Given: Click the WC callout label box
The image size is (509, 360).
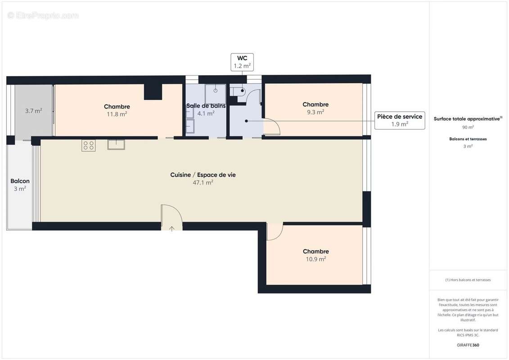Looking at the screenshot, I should [242, 62].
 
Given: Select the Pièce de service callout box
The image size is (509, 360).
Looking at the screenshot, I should [399, 120].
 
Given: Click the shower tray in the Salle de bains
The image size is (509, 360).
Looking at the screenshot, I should [216, 94].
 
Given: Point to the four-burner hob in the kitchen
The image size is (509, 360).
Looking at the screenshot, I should [89, 145].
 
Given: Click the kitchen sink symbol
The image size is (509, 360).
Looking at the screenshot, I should [116, 144].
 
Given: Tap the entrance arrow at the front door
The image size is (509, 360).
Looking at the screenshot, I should [172, 228].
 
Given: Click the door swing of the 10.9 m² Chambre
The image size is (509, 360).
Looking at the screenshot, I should [274, 232].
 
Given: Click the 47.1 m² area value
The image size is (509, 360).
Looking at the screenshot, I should [203, 183].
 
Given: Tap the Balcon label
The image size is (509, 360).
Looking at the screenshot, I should [20, 181].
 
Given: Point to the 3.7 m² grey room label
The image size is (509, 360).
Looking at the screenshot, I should [33, 111].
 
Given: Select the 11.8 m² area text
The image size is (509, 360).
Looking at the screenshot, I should [117, 114].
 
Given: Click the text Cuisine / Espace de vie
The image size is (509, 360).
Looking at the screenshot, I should [203, 175].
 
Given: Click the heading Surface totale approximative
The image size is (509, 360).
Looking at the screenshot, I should [467, 119].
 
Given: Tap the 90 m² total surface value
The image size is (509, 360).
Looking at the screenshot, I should [468, 127].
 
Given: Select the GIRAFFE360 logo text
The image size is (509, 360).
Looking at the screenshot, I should [468, 345].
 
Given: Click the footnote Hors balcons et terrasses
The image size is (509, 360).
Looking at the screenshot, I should [468, 280].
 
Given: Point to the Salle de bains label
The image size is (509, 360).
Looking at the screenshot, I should [206, 106].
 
